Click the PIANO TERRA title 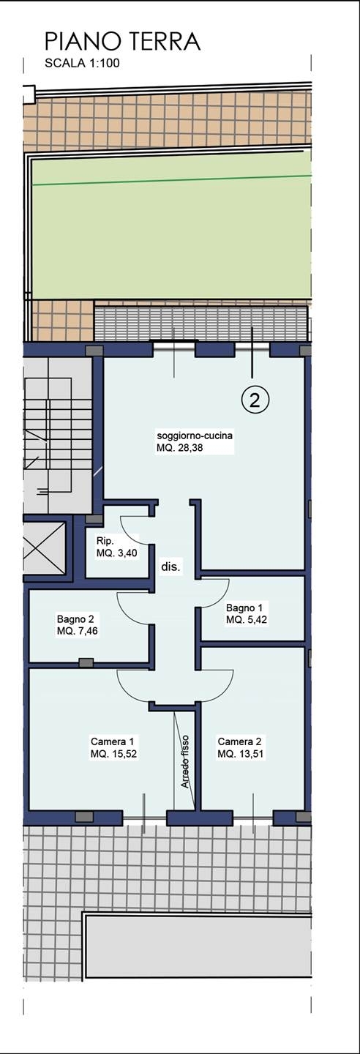tap(123, 42)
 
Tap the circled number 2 tap(255, 400)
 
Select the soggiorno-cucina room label tap(195, 436)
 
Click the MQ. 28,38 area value tap(179, 448)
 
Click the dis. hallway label tap(170, 567)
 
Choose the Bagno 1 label tap(241, 608)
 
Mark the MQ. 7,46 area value tap(77, 631)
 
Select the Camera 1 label tap(109, 741)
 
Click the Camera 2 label tap(236, 741)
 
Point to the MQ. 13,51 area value tap(241, 754)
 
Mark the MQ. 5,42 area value tap(247, 620)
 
